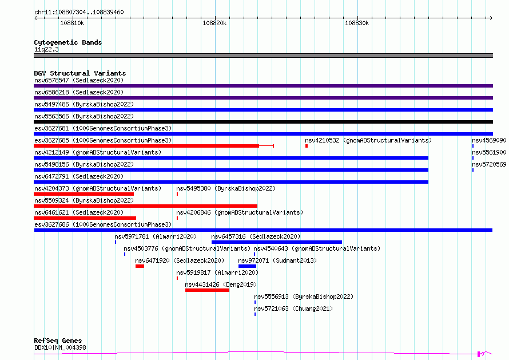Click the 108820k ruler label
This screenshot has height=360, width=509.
(214, 23)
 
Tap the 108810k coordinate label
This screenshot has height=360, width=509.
(72, 23)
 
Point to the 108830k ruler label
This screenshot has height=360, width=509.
(357, 23)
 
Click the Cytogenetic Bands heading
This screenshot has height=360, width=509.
(68, 42)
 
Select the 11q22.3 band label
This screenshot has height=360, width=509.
(46, 49)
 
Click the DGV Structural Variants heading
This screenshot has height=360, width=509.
(80, 73)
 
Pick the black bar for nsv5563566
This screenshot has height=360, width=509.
(263, 122)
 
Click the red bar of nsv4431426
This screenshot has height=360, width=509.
(207, 290)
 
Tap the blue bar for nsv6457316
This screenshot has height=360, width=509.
(277, 242)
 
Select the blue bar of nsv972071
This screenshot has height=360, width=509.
(248, 266)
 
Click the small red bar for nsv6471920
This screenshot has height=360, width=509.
(140, 266)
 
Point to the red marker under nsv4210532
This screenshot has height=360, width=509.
(307, 146)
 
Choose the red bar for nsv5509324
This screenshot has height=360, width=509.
(145, 206)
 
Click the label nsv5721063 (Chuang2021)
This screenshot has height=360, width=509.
(293, 308)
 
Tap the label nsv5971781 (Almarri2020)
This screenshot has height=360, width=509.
(156, 236)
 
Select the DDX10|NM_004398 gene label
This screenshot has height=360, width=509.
(61, 347)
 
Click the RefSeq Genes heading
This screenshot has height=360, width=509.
(58, 341)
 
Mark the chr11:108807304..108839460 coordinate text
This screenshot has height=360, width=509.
(79, 12)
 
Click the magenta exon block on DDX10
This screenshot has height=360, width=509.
(479, 354)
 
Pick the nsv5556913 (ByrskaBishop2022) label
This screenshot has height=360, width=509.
(304, 296)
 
